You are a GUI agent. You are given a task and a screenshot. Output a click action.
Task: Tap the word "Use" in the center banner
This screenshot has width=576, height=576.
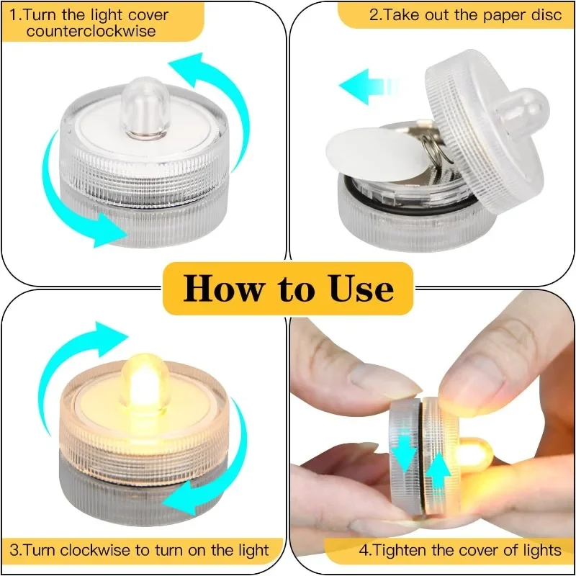362,289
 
